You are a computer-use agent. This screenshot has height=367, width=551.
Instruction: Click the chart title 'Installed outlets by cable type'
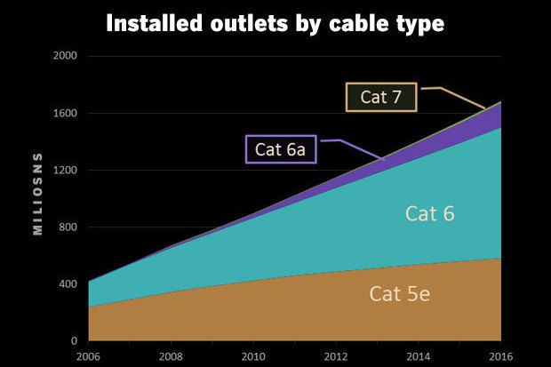tap(275, 23)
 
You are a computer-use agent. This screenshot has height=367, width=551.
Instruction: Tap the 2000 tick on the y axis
tap(68, 56)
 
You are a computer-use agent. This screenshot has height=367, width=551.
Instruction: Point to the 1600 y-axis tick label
tap(68, 114)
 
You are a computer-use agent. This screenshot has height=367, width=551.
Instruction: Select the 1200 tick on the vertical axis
tap(68, 171)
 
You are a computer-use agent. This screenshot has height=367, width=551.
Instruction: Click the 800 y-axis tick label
tap(70, 227)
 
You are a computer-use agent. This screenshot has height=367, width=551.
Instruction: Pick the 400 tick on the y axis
tap(70, 284)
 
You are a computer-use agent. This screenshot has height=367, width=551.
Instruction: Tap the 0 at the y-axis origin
tap(76, 341)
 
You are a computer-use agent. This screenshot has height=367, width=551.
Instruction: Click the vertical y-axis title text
tap(38, 198)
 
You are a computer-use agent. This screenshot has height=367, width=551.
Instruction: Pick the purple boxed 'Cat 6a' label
tap(280, 148)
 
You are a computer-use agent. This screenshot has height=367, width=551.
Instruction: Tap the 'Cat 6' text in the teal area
tap(430, 213)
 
